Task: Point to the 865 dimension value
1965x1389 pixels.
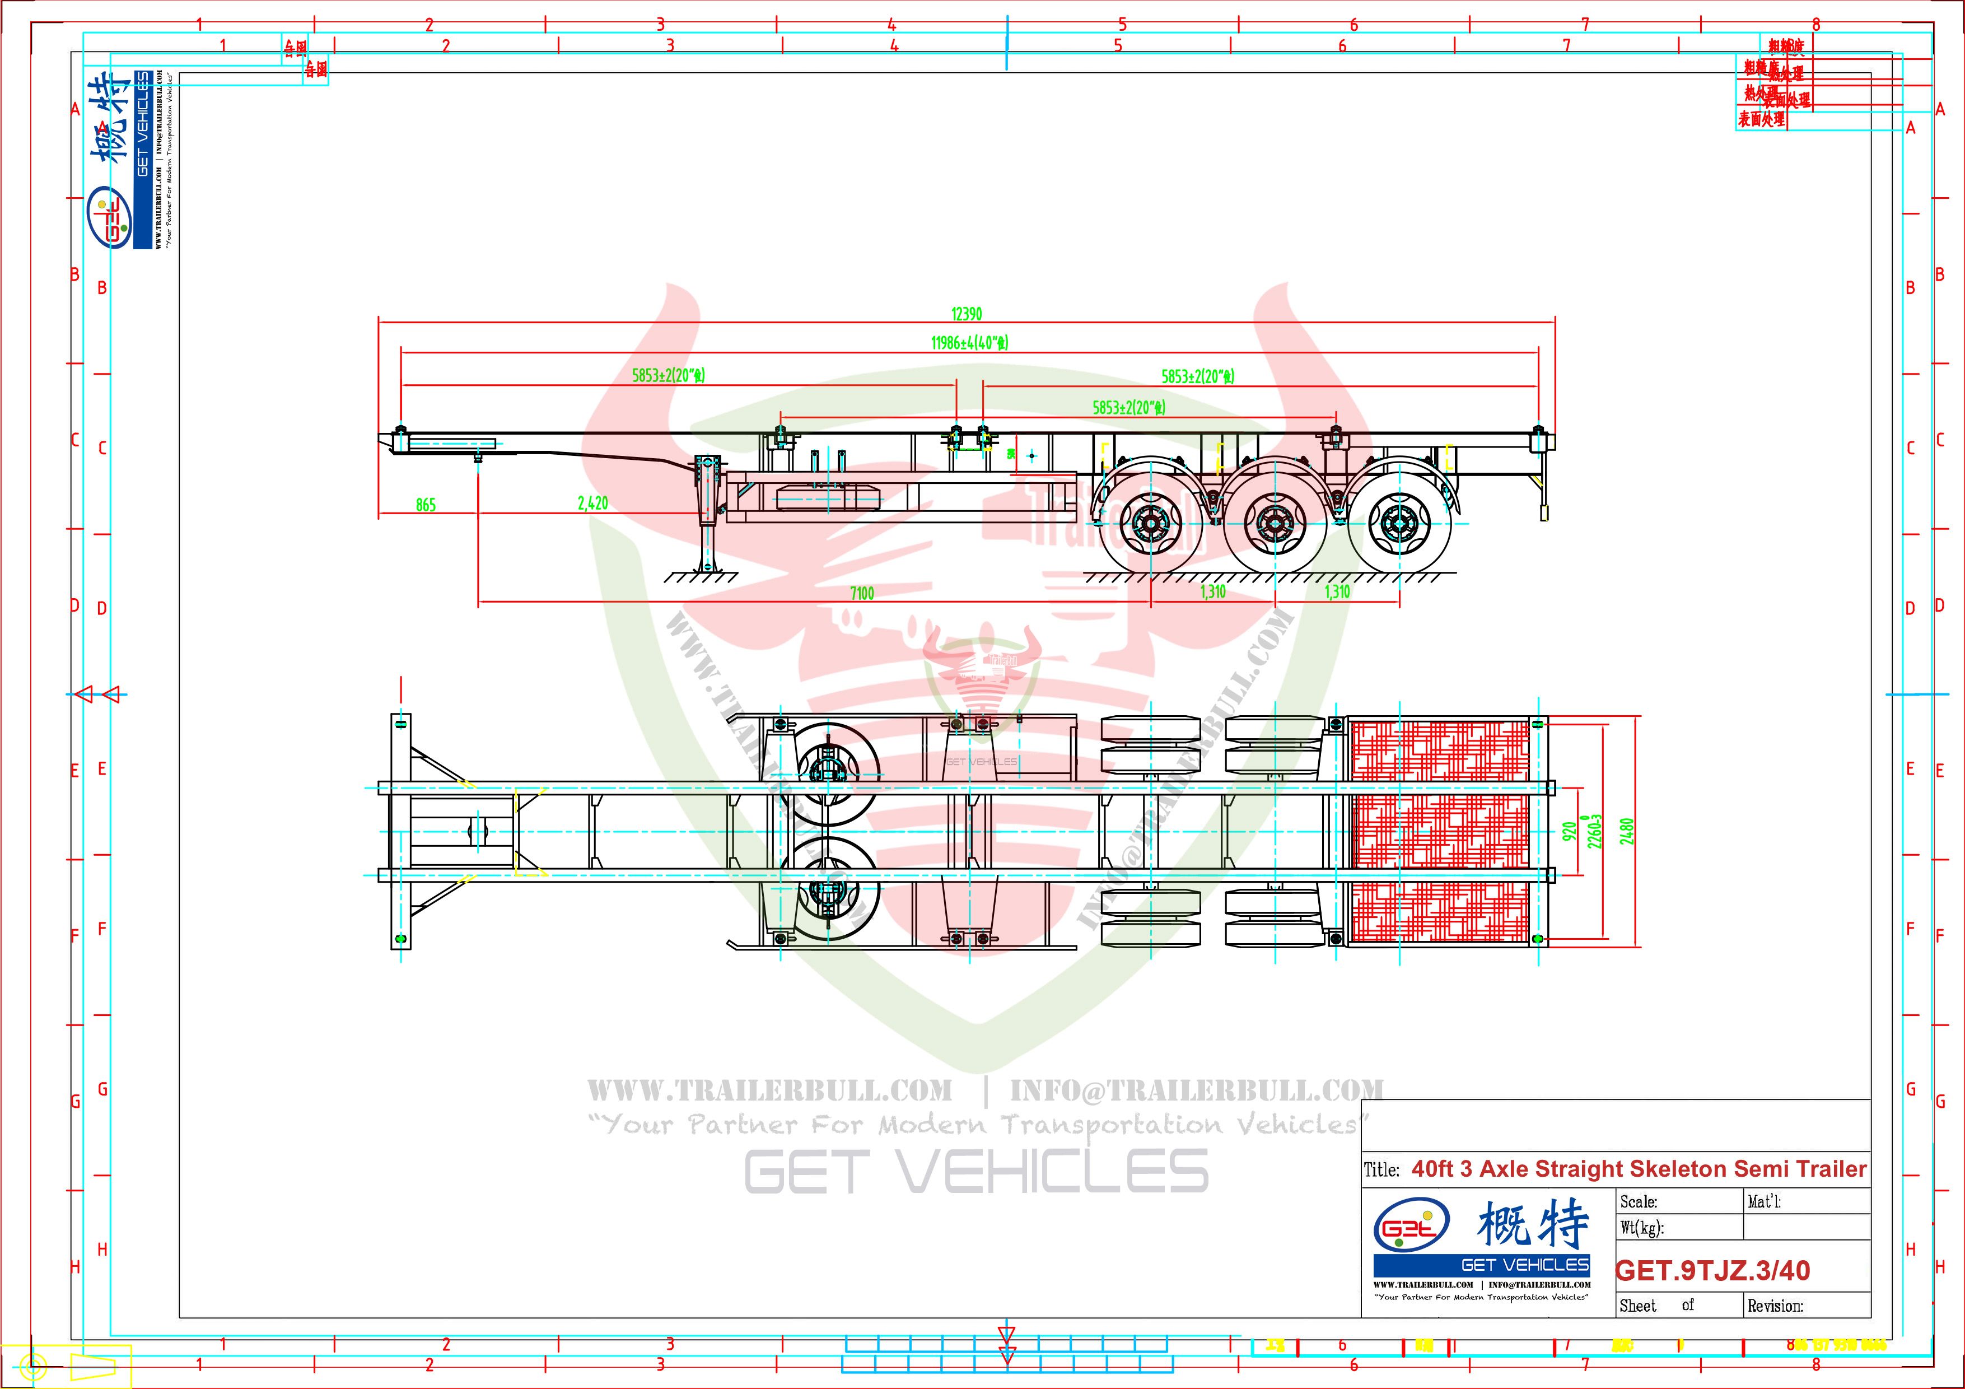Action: (x=426, y=505)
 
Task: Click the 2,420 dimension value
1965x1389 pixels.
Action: (x=592, y=503)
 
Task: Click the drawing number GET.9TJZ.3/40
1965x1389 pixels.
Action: (x=1712, y=1270)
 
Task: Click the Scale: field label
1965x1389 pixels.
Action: (x=1638, y=1201)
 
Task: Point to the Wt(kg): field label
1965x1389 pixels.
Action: (x=1641, y=1228)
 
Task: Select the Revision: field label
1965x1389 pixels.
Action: (x=1775, y=1306)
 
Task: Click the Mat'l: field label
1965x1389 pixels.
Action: (x=1764, y=1201)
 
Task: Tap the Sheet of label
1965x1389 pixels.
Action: (x=1656, y=1306)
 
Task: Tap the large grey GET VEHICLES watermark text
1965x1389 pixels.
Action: (x=976, y=1172)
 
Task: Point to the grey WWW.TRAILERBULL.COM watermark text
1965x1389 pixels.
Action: (x=769, y=1091)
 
